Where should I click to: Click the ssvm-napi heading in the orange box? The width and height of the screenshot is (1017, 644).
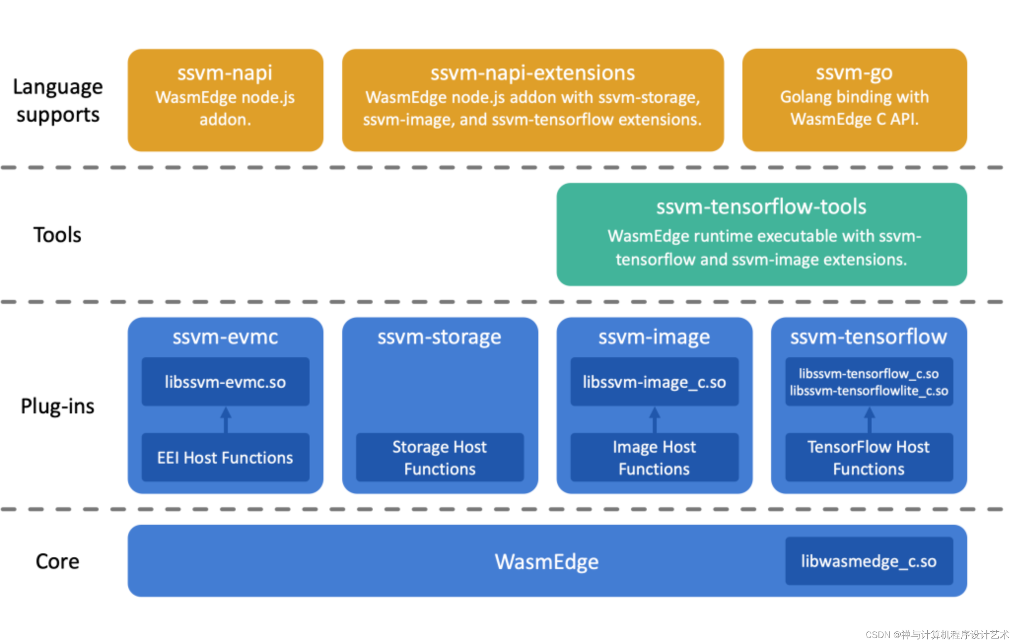click(225, 73)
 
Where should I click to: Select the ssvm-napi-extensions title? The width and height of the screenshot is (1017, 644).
click(532, 73)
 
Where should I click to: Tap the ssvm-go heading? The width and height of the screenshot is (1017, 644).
click(854, 72)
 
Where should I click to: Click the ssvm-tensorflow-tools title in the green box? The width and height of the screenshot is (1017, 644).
click(761, 207)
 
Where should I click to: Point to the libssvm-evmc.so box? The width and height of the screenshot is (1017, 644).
click(225, 382)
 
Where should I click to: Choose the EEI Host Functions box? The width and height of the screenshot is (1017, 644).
click(225, 457)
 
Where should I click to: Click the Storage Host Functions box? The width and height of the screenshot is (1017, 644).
click(439, 457)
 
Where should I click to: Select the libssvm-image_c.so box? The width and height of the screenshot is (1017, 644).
click(654, 382)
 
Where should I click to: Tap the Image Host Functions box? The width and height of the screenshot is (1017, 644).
click(654, 457)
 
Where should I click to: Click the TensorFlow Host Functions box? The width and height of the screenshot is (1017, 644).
click(869, 457)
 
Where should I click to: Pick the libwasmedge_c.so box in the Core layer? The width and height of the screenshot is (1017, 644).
click(869, 561)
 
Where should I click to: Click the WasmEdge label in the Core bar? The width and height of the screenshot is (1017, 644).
click(546, 562)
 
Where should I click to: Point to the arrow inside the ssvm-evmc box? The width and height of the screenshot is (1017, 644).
click(226, 419)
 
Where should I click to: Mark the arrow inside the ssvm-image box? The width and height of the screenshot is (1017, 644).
click(655, 419)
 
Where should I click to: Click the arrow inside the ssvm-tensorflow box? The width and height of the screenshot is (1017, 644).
click(870, 419)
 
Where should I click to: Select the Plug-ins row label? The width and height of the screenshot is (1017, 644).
click(57, 407)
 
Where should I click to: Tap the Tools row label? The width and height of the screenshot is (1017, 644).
click(57, 235)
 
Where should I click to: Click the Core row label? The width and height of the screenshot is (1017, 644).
click(57, 562)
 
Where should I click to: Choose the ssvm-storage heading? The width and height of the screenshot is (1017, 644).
click(439, 337)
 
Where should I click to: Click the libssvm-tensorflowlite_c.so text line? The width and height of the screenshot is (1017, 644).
click(869, 391)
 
